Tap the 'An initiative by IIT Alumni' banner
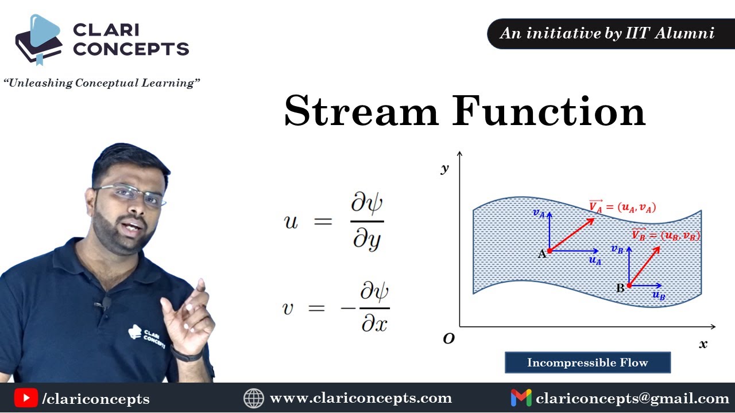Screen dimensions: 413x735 [x=608, y=33]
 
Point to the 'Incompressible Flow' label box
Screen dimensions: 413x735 [x=587, y=363]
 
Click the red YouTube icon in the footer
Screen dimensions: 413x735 [x=26, y=398]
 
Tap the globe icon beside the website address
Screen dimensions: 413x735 [x=253, y=398]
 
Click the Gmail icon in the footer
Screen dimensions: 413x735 [x=521, y=398]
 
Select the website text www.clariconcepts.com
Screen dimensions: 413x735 [x=361, y=398]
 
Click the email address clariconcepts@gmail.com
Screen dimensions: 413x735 [x=632, y=398]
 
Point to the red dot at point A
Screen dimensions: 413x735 [x=550, y=251]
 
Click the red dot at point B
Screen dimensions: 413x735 [x=629, y=285]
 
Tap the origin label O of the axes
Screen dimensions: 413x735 [x=449, y=339]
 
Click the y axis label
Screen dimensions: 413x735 [x=444, y=168]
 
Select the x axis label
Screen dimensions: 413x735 [x=703, y=344]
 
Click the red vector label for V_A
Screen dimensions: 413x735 [x=622, y=207]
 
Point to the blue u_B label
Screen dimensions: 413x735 [x=659, y=296]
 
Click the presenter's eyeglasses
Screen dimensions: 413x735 [x=131, y=194]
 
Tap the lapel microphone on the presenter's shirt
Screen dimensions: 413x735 [x=106, y=303]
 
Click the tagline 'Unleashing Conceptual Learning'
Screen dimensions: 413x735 [x=101, y=83]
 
